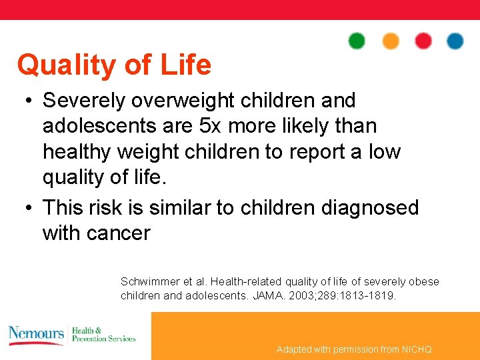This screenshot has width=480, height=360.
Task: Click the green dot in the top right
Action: pyautogui.click(x=357, y=41)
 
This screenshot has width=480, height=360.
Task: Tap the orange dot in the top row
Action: pyautogui.click(x=391, y=41)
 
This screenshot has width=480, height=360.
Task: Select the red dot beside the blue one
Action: pyautogui.click(x=423, y=41)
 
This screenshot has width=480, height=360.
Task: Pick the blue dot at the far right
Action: pyautogui.click(x=455, y=41)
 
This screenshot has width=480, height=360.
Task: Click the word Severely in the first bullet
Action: pyautogui.click(x=84, y=101)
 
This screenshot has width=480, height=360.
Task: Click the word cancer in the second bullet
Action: pyautogui.click(x=118, y=233)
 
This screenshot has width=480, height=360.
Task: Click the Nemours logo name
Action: pyautogui.click(x=36, y=333)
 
